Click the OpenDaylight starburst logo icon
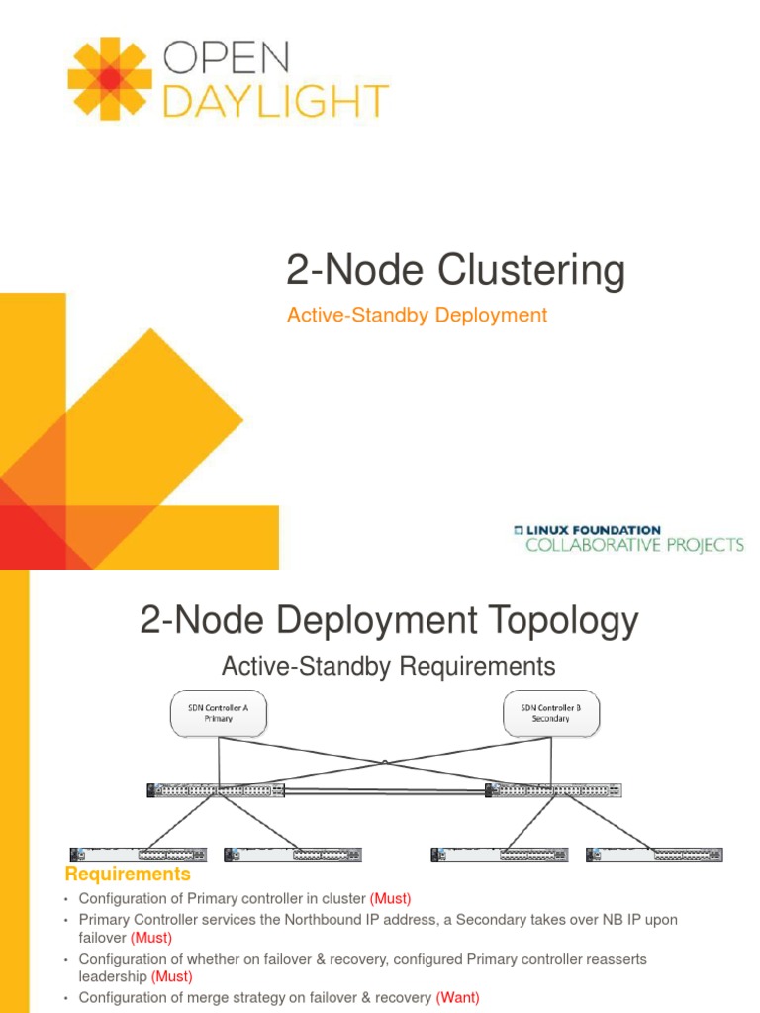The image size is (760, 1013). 110,79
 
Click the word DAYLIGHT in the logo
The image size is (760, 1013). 275,101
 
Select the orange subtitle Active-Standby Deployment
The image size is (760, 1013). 416,315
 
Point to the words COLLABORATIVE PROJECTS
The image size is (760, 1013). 633,545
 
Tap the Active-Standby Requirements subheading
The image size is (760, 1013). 388,666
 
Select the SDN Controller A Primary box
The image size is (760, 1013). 218,713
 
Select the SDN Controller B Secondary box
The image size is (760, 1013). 550,713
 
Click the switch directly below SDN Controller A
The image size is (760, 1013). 216,790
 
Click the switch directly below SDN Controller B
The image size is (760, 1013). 553,790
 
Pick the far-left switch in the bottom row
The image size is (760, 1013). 139,854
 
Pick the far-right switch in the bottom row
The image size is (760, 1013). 654,854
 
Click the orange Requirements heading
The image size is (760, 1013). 128,875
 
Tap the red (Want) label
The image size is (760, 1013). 457,998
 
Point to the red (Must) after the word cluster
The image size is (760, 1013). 390,899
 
